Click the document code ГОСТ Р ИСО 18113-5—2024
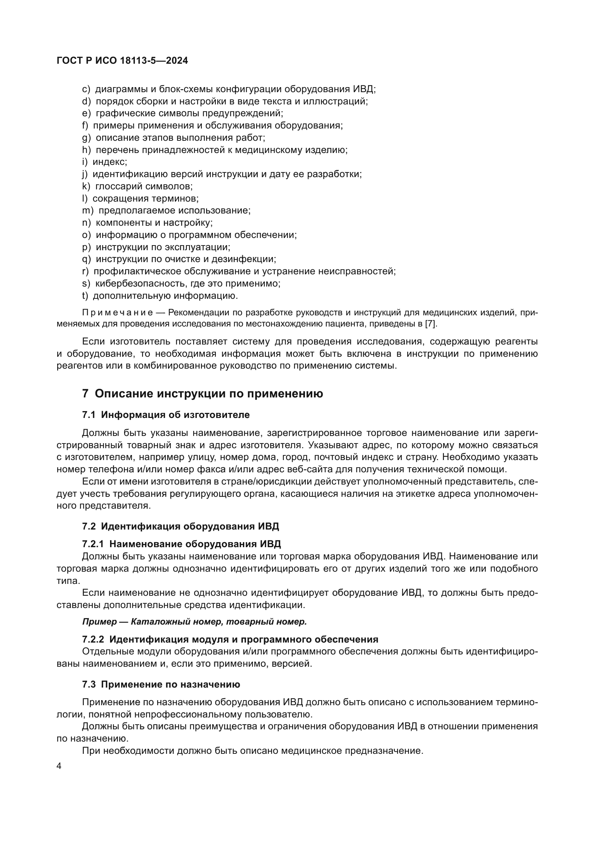(122, 61)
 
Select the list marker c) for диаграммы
(86, 89)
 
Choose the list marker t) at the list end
(85, 295)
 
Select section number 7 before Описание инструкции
(85, 393)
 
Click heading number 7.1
(88, 415)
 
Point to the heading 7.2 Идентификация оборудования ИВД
(180, 526)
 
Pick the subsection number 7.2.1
(93, 544)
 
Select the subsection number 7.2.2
(93, 639)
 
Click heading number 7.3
(88, 684)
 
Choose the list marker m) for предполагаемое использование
(88, 211)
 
